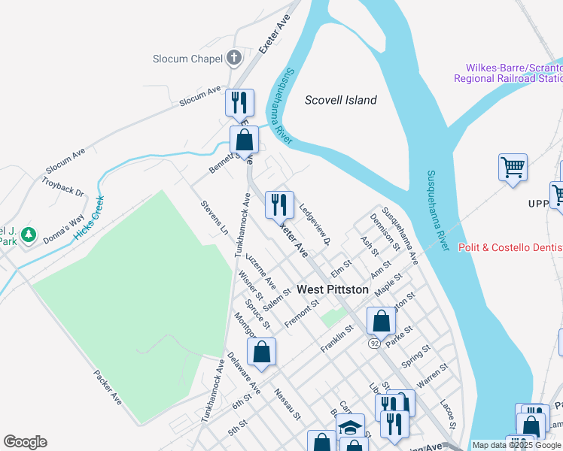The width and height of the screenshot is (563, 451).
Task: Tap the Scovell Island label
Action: (341, 100)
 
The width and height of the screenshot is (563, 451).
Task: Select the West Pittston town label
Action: (333, 289)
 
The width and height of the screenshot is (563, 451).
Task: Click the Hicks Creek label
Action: (90, 218)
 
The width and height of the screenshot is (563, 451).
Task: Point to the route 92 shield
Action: (374, 343)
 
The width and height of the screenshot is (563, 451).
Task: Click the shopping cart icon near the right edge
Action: (513, 167)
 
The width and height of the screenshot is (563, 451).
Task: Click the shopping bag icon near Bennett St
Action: (244, 140)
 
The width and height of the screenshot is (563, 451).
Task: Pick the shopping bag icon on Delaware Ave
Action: (261, 352)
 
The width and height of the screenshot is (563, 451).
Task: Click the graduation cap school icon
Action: (350, 427)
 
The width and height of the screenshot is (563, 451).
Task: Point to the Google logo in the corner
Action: (25, 442)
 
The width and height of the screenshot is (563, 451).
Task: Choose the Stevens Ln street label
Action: (215, 218)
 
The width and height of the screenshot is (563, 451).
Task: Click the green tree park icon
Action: (29, 235)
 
